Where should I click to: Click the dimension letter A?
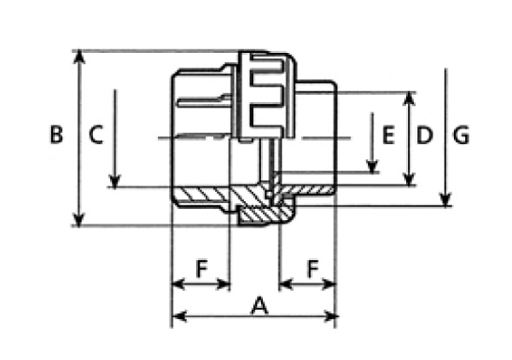coord(259,305)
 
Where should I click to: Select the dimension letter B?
coord(56,134)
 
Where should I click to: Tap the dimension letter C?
coord(96,135)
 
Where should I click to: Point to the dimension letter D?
coord(424,135)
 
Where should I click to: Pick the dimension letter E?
coord(388,135)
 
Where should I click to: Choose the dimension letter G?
coord(461,135)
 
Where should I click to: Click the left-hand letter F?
coord(201,268)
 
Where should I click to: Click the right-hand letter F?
coord(313,268)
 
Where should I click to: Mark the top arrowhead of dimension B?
coord(79,56)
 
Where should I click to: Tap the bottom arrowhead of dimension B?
coord(79,219)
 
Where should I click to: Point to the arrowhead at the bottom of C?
coord(114,182)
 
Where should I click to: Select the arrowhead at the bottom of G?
coord(445,200)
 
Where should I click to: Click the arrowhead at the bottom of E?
coord(372,166)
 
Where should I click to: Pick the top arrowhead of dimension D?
coord(409,99)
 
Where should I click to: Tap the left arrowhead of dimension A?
coord(179,316)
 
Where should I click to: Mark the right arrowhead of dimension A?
coord(330,316)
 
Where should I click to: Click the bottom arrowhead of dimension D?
coord(409,179)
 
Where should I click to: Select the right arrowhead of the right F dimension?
coord(329,284)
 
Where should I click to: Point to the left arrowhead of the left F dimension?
coord(178,284)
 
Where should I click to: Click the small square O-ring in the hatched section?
coord(269,195)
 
